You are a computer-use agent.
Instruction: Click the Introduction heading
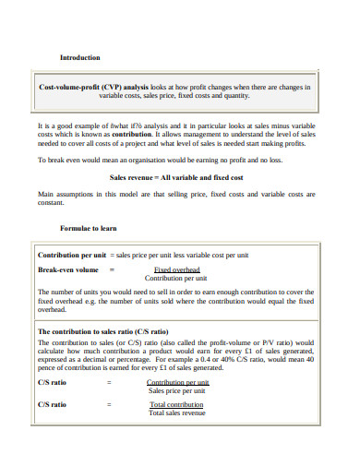(80, 57)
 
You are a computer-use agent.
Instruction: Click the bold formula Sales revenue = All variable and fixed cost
(176, 175)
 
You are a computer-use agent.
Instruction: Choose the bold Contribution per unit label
(71, 254)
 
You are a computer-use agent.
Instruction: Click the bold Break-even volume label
(68, 269)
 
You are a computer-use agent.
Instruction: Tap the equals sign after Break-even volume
(112, 269)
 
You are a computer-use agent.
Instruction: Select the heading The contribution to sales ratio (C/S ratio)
(102, 330)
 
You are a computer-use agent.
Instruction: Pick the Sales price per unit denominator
(178, 390)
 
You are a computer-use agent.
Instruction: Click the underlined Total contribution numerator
(177, 404)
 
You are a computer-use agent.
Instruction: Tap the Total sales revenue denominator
(177, 412)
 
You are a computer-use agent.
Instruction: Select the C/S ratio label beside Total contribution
(52, 404)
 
